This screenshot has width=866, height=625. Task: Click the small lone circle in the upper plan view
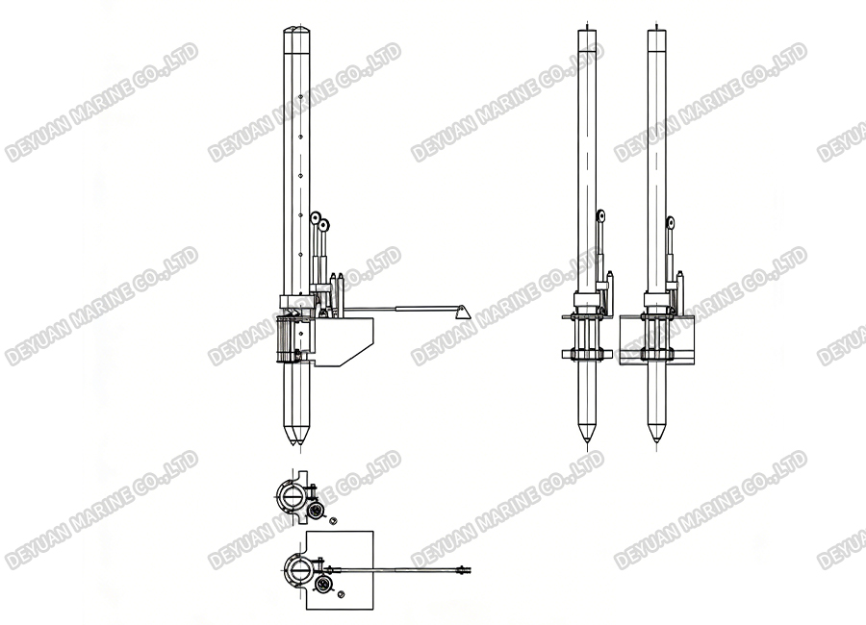333,520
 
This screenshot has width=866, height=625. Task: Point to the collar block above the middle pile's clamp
586,299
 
